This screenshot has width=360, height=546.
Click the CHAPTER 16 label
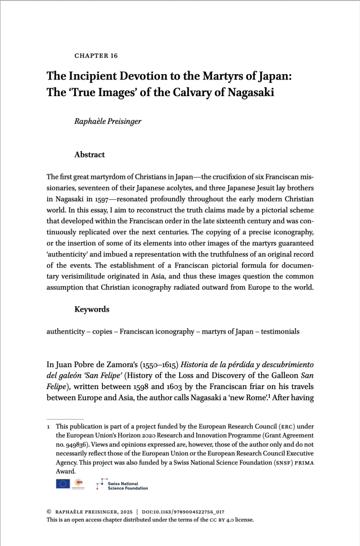coord(96,56)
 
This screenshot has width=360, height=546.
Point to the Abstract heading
coord(90,155)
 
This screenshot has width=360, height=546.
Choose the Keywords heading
coord(92,309)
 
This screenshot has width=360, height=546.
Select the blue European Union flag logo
coord(62,484)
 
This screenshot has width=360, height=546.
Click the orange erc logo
coord(78,483)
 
